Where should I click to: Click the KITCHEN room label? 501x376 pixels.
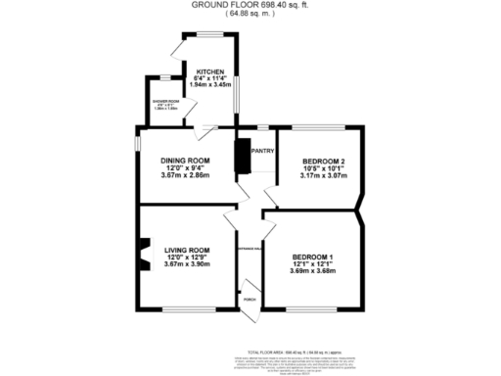pos(211,71)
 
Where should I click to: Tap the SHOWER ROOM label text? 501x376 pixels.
pos(165,102)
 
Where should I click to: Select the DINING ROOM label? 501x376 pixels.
pos(186,160)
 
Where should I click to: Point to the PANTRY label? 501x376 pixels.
pos(262,151)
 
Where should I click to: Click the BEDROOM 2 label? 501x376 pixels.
pos(323,160)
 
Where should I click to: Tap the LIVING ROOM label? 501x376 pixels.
pos(187,250)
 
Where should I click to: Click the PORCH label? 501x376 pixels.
pos(250,299)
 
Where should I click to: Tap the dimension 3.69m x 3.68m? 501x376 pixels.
pos(313,271)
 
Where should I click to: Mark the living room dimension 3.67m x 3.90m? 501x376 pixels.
pos(187,264)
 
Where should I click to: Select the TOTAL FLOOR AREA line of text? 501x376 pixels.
pos(294,351)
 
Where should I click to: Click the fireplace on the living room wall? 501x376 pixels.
pos(144,254)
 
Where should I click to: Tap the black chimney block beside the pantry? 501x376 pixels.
pos(242,157)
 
